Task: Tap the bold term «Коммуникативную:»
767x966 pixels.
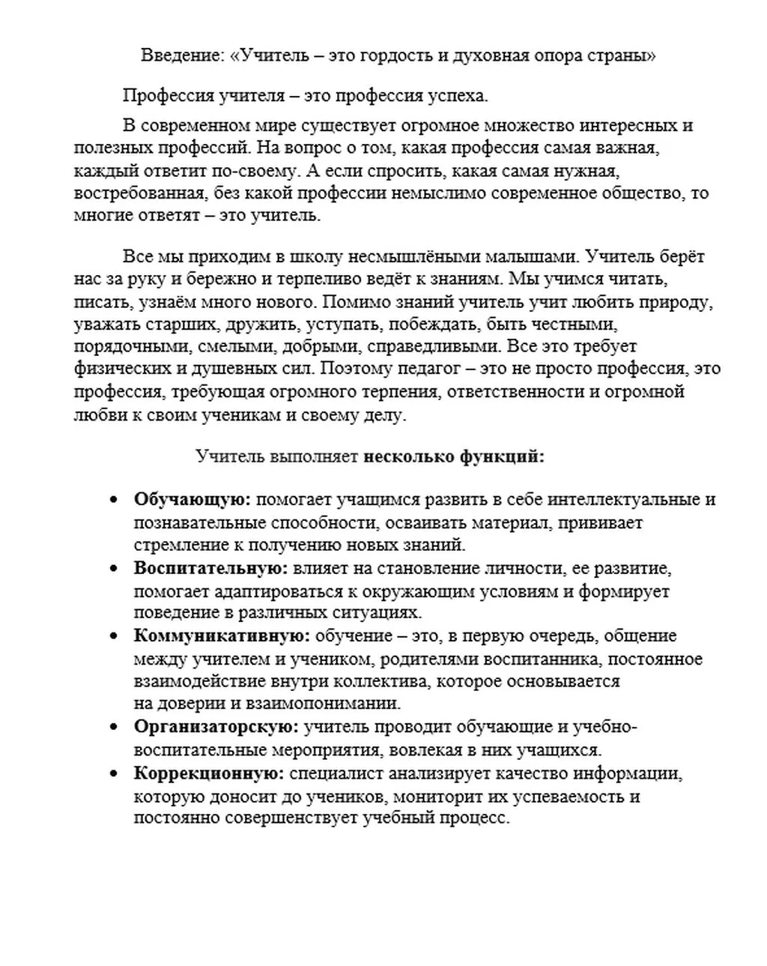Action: tap(222, 636)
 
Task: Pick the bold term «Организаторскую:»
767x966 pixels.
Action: tap(216, 727)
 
